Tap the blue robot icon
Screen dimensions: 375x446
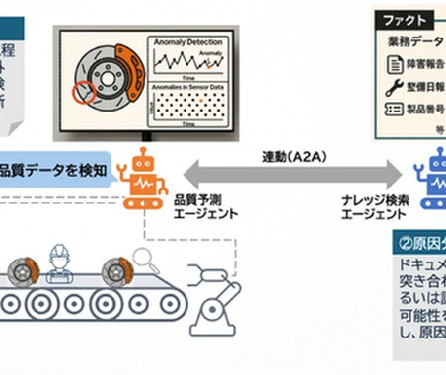click(432, 178)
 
